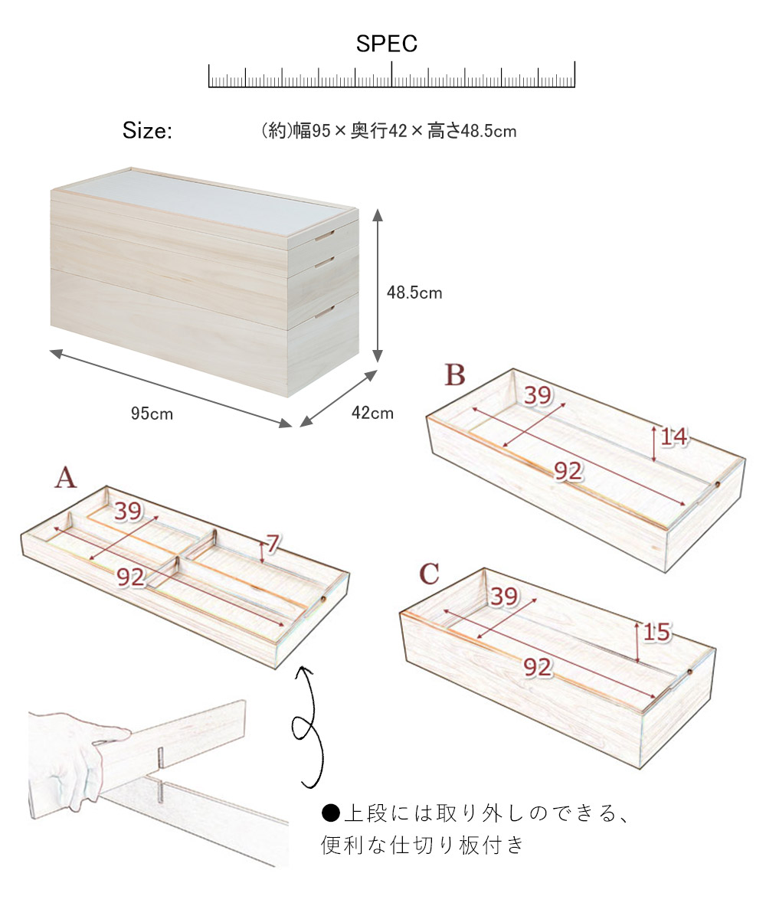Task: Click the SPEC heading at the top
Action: (387, 44)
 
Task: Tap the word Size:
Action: (147, 131)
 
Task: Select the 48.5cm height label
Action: (414, 293)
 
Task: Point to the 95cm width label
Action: (152, 414)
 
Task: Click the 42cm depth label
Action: (372, 414)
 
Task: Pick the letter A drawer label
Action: (66, 478)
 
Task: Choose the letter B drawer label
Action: (454, 375)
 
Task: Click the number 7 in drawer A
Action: (273, 544)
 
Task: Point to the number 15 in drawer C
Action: (656, 633)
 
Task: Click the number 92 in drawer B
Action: (568, 472)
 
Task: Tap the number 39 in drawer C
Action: (503, 597)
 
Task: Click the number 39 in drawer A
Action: (129, 512)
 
